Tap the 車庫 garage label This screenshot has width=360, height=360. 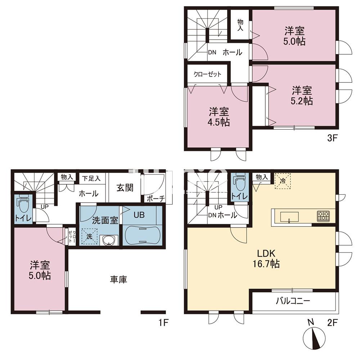coord(118,279)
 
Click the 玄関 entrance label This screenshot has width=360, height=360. coord(125,188)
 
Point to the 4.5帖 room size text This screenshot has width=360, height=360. coord(219,122)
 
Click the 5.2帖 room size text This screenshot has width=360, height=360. coord(302,101)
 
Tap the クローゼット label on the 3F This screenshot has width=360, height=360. coord(207,75)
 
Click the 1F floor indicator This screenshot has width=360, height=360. coord(164,322)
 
